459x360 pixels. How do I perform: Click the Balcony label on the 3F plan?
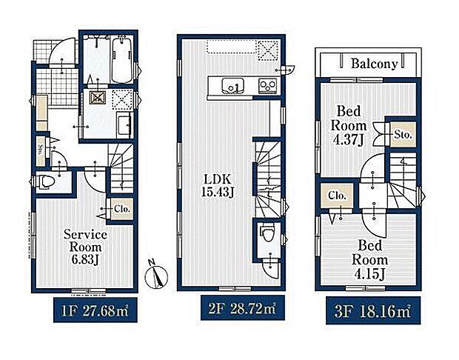[x=374, y=64]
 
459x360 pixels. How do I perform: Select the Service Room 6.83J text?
[x=85, y=247]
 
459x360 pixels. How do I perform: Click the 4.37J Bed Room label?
[x=349, y=126]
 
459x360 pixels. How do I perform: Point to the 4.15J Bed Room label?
[x=369, y=259]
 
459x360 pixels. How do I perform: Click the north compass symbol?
[x=157, y=275]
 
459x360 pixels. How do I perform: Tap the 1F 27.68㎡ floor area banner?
[x=96, y=310]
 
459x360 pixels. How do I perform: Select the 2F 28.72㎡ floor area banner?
[x=243, y=307]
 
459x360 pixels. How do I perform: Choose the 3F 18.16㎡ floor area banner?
[x=373, y=310]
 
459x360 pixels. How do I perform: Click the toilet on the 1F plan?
[x=45, y=181]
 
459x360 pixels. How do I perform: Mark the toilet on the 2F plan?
[x=268, y=232]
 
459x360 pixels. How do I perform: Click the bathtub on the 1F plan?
[x=123, y=60]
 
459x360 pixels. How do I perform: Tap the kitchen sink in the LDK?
[x=232, y=86]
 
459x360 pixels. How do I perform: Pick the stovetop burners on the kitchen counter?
[x=267, y=85]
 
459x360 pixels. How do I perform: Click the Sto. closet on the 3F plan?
[x=403, y=135]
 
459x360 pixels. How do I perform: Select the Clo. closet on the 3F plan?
[x=337, y=196]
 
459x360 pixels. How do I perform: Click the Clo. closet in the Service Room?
[x=121, y=209]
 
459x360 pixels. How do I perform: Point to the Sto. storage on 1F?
[x=41, y=151]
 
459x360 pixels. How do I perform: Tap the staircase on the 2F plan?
[x=269, y=179]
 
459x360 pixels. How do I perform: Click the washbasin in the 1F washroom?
[x=125, y=125]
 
